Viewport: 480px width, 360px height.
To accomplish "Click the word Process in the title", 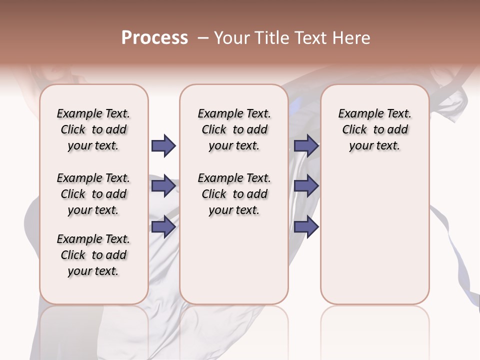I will click(x=154, y=38).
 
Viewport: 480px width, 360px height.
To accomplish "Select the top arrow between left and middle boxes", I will click(x=163, y=146).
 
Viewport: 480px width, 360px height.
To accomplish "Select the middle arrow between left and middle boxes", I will click(x=163, y=186).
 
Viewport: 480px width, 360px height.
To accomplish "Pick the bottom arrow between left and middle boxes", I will click(x=163, y=226).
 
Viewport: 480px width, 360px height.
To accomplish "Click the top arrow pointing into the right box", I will click(x=306, y=146).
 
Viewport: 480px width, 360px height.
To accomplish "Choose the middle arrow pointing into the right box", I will click(x=306, y=186).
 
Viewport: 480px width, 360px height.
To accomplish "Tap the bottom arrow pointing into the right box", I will click(x=306, y=226).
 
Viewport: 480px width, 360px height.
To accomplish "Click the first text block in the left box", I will click(x=93, y=129).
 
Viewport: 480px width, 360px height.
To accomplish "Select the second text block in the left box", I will click(x=93, y=194).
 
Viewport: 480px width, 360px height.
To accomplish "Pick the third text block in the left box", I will click(x=93, y=255).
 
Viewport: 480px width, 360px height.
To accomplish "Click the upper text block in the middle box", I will click(x=234, y=129).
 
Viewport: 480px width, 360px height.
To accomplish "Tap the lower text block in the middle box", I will click(x=234, y=194).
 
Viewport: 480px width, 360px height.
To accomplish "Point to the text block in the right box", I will click(x=374, y=129).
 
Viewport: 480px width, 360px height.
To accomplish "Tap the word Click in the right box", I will click(x=354, y=130).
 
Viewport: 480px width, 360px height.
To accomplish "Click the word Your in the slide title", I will click(x=231, y=38).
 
